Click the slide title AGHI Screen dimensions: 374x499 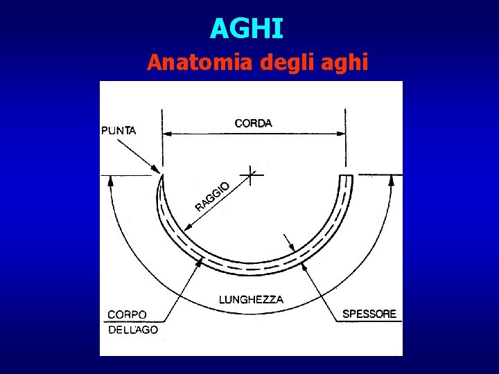coord(247,28)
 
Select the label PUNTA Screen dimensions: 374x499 coord(119,130)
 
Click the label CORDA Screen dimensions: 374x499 coord(254,123)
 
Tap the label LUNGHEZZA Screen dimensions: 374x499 coord(251,300)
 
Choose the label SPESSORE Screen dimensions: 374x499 coord(369,314)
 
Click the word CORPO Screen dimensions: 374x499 coord(127,314)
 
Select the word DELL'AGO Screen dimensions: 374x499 coord(133,330)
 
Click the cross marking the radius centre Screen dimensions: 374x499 coord(252,175)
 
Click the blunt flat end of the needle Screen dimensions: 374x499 coord(346,176)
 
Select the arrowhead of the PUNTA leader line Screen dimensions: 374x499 coord(157,170)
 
